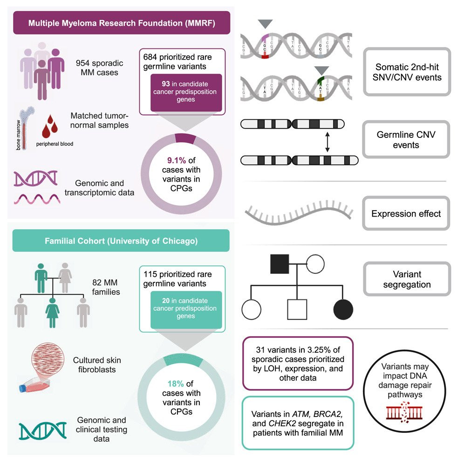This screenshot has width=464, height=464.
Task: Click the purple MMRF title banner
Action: tap(122, 23)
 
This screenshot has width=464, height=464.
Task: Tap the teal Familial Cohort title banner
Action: tap(121, 240)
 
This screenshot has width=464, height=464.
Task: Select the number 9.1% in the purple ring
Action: tap(177, 160)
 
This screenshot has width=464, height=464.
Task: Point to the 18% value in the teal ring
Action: tap(176, 384)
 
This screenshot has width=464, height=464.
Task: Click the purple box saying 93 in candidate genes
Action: tap(186, 92)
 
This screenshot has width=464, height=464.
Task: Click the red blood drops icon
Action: tap(50, 126)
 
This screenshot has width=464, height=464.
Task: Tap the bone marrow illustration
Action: tap(26, 128)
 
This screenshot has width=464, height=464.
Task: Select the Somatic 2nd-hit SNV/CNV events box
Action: tap(407, 72)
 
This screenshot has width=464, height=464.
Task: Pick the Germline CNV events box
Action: tap(406, 139)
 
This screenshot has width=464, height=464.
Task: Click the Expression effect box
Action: tap(406, 213)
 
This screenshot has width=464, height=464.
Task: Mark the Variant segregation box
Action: tap(407, 279)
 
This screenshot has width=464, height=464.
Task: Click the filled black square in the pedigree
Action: tap(280, 264)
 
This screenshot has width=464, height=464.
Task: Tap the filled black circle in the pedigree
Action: tap(343, 309)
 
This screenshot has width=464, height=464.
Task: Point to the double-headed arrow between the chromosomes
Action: tap(328, 142)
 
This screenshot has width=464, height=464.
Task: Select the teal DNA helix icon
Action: tap(43, 430)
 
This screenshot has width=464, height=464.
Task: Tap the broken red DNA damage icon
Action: tap(404, 412)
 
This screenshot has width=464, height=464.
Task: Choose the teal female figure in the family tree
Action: tap(52, 313)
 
